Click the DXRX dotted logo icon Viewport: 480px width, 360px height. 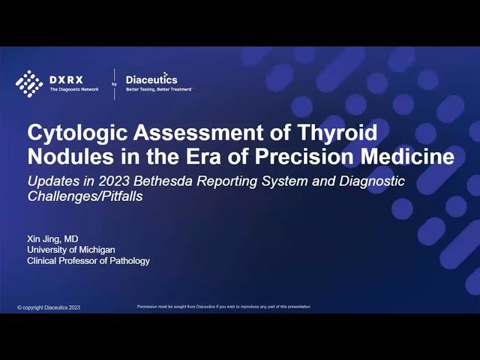coord(29,82)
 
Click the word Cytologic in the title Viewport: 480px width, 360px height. coord(70,133)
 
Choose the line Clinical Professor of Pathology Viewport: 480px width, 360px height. coord(88,261)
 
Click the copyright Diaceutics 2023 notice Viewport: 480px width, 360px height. coord(48,307)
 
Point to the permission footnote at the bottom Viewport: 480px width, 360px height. coord(223,307)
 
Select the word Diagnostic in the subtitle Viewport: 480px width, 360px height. coord(371,181)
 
